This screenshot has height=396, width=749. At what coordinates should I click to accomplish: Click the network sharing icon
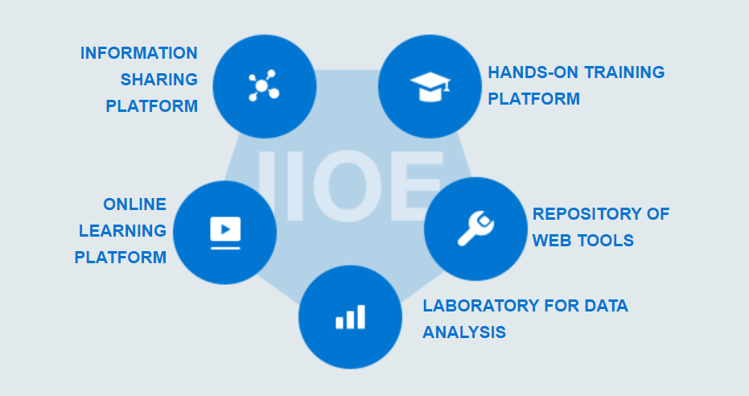pyautogui.click(x=263, y=85)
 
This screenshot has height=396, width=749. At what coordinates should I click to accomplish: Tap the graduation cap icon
pyautogui.click(x=430, y=86)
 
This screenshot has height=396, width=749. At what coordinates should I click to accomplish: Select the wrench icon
pyautogui.click(x=475, y=229)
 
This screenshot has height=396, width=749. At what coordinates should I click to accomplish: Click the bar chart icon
pyautogui.click(x=350, y=316)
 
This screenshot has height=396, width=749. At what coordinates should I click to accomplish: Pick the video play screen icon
pyautogui.click(x=225, y=233)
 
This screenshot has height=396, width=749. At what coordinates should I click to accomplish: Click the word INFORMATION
pyautogui.click(x=139, y=53)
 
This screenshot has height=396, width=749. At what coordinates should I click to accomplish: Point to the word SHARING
pyautogui.click(x=159, y=80)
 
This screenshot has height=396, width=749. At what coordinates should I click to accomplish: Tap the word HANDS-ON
pyautogui.click(x=533, y=72)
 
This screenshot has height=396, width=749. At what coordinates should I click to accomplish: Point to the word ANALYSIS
pyautogui.click(x=464, y=332)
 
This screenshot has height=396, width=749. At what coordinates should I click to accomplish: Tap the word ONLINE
pyautogui.click(x=134, y=204)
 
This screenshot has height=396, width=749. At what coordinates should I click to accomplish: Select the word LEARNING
pyautogui.click(x=123, y=231)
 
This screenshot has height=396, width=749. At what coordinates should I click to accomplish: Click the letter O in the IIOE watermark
pyautogui.click(x=348, y=186)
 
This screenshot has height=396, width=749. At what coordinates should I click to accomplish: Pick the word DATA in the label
pyautogui.click(x=606, y=306)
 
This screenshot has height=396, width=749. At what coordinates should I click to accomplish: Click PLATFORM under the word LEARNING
pyautogui.click(x=121, y=258)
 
